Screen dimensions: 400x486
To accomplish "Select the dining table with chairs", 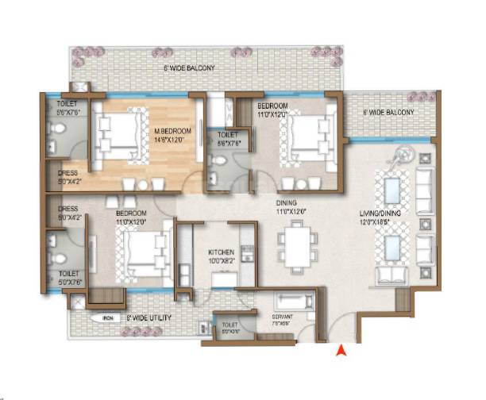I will coord(298,245).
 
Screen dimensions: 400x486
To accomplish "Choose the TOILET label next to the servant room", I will coord(229,325).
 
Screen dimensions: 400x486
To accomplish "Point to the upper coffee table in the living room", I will coord(391,191).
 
